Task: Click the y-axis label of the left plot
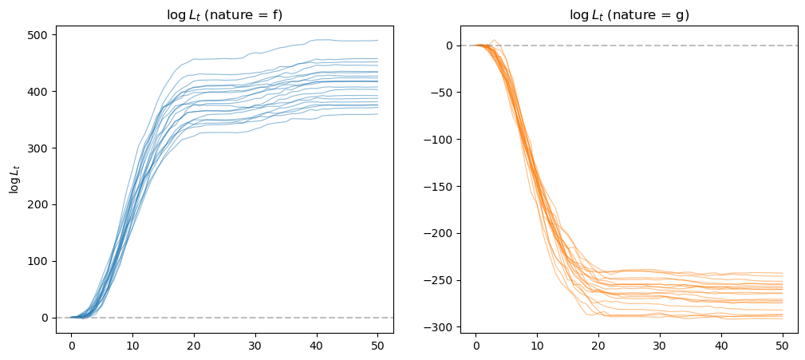(14, 180)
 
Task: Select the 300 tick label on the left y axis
(40, 148)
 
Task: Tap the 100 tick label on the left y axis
(40, 261)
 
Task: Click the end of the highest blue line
(377, 41)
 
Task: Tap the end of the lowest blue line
(377, 114)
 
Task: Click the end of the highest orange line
(782, 273)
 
